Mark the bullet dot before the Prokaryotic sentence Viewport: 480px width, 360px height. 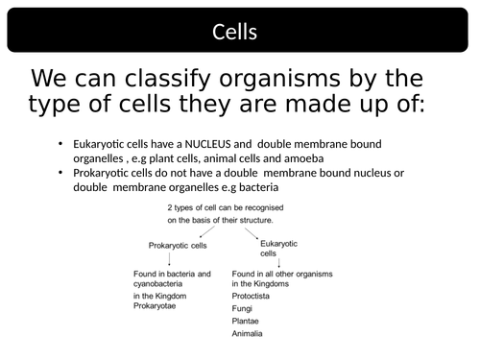coord(60,173)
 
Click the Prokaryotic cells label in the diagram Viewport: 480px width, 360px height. coord(177,246)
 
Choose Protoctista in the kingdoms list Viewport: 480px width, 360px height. coord(252,297)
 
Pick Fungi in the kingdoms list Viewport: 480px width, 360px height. coord(243,309)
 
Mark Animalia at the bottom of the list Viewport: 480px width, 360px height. coord(247,334)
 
